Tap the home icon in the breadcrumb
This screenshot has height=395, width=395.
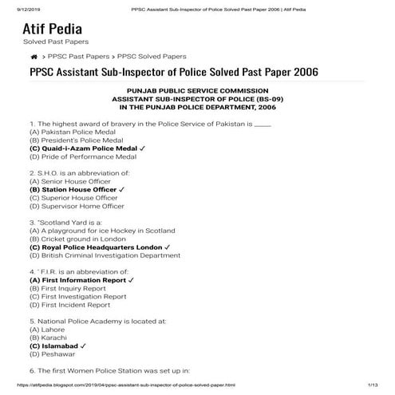[34, 57]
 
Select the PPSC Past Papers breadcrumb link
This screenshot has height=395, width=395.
[80, 57]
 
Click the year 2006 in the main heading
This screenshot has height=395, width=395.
[302, 73]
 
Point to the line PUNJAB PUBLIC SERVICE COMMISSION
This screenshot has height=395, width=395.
[197, 92]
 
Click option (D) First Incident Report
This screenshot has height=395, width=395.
[69, 305]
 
